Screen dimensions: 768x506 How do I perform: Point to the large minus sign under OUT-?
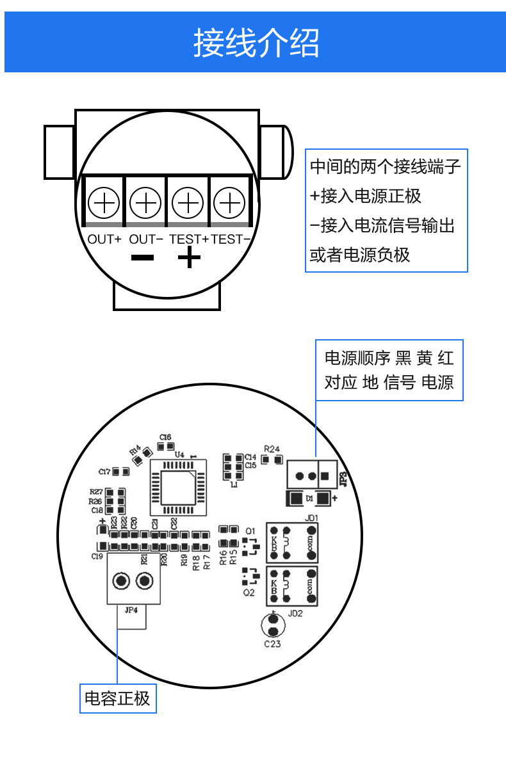[142, 258]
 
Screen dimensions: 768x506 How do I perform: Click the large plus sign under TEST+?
[189, 259]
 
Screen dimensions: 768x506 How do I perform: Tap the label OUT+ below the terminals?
[104, 239]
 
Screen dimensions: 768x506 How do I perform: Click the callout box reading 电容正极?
[117, 698]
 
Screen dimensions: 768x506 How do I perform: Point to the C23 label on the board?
[272, 644]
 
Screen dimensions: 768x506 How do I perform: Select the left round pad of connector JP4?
[120, 581]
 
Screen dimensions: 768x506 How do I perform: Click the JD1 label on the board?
[312, 517]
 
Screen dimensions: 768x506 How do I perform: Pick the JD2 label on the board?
[295, 612]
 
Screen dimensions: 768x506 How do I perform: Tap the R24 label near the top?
[272, 449]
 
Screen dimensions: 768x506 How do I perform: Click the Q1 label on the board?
[250, 531]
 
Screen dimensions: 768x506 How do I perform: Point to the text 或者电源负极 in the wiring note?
[360, 255]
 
